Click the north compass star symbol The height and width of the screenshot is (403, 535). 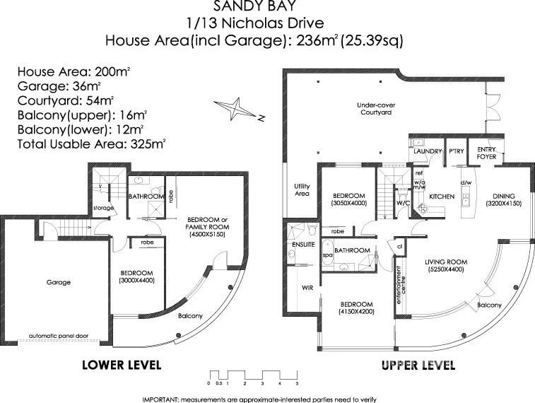(x=242, y=110)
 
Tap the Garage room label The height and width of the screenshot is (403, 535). (x=59, y=282)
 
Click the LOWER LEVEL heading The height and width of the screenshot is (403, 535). (x=122, y=366)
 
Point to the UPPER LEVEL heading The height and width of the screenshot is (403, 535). (x=418, y=366)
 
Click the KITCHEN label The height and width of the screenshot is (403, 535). (x=442, y=196)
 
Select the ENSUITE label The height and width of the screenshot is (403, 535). (x=302, y=245)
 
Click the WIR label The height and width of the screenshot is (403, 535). (x=307, y=288)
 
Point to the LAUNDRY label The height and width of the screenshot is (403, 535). (x=426, y=151)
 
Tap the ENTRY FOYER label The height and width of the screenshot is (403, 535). (x=486, y=153)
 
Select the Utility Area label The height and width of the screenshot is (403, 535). (x=302, y=189)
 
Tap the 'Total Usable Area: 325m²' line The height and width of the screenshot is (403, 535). (x=90, y=143)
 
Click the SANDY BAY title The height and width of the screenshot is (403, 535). (x=254, y=8)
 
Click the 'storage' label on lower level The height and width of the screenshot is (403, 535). (x=103, y=208)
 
